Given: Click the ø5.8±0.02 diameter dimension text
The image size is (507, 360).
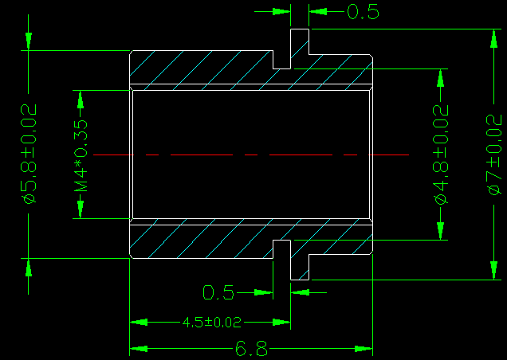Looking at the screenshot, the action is [29, 154].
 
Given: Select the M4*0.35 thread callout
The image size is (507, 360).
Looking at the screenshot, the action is [81, 156].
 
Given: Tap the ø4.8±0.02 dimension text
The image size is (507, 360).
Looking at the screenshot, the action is [441, 155].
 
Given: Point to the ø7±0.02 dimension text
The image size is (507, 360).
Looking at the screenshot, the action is [494, 155].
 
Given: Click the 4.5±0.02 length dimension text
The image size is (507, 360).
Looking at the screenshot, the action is [212, 323].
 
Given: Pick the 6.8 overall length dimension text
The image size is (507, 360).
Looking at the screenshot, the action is [251, 349].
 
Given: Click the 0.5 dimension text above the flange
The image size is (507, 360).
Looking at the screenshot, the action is [363, 12].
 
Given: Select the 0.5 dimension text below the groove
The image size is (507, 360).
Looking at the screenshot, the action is [218, 292].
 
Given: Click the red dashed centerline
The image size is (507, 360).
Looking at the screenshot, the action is [251, 155].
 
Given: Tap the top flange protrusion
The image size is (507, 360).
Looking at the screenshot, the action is [300, 41].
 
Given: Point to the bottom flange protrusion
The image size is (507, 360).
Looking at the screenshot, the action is [300, 268].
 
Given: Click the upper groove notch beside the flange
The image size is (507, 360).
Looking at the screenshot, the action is [281, 60].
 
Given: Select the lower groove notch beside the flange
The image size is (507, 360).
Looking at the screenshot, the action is [281, 249].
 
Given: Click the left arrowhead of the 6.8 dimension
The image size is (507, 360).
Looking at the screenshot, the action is [139, 349].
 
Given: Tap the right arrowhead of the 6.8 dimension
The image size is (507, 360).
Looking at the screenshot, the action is [364, 349].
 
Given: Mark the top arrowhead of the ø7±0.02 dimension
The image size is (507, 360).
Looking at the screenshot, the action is [493, 38].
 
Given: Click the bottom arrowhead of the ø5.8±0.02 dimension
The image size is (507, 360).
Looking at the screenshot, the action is [29, 268].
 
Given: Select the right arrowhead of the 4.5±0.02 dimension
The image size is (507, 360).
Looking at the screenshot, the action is [281, 323].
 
